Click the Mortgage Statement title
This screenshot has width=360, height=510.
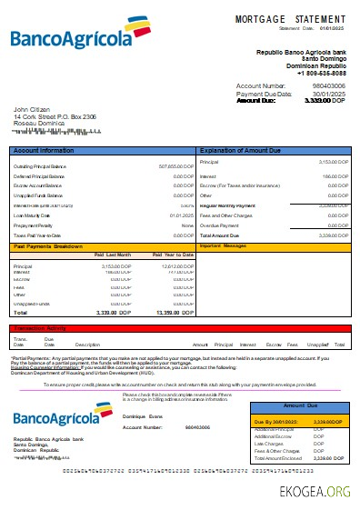290,19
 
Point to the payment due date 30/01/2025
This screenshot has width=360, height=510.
329,93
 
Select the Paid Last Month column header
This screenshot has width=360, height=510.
114,255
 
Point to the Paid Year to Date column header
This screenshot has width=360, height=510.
174,255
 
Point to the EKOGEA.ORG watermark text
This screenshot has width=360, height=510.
315,493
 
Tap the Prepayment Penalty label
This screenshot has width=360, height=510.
33,225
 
